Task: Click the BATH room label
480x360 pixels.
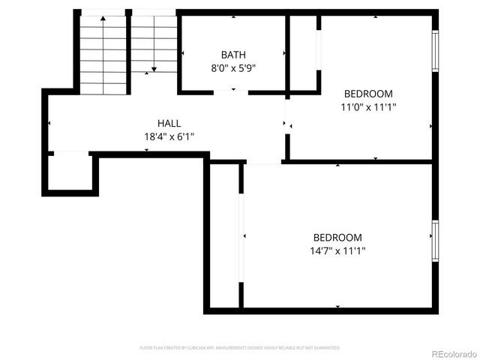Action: [x=233, y=55]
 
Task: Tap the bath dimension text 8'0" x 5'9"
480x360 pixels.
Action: [x=233, y=68]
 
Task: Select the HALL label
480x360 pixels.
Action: [x=169, y=123]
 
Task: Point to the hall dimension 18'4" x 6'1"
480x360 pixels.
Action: [x=169, y=136]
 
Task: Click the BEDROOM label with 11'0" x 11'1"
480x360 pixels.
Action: [x=368, y=94]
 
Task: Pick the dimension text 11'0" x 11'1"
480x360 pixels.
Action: [x=368, y=107]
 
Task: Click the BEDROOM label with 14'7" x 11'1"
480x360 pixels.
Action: [x=337, y=237]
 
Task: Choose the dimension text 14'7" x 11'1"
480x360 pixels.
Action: [x=337, y=250]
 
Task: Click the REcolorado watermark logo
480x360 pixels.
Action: [x=452, y=353]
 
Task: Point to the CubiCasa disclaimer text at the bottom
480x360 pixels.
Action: [x=240, y=348]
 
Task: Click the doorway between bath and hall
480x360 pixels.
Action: [x=231, y=92]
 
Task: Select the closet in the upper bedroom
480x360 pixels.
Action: [x=303, y=52]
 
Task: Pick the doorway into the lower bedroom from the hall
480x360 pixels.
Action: [x=263, y=162]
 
